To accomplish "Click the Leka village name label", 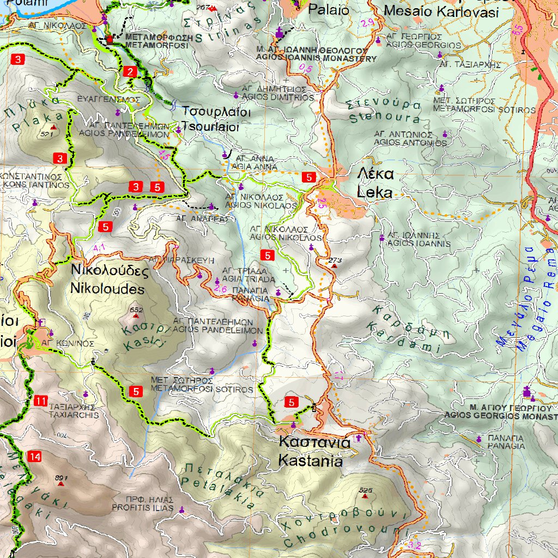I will (x=374, y=183).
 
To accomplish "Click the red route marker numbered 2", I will (x=130, y=71).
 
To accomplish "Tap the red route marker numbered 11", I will (x=41, y=402).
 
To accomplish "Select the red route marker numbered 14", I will (x=35, y=457).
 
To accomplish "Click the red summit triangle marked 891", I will (x=60, y=483).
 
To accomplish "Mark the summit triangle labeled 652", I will (x=136, y=316).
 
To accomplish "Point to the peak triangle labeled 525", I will (x=365, y=496).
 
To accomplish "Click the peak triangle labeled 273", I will (x=334, y=266).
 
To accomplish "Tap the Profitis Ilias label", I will (x=142, y=504).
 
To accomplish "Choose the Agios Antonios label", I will (x=410, y=138).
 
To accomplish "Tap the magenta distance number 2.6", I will (x=220, y=289).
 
